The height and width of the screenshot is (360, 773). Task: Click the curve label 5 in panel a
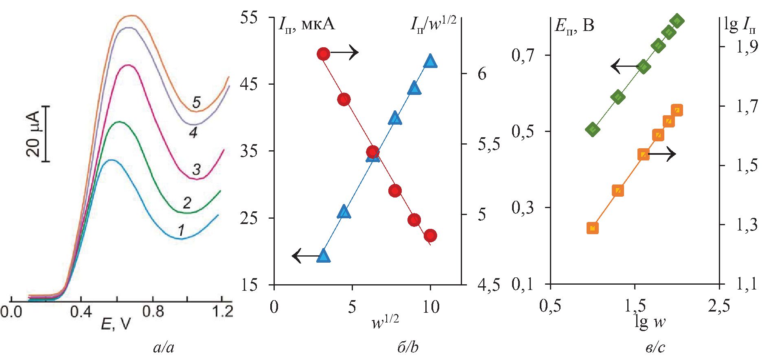point(196,102)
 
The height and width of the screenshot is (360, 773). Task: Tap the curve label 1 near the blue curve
point(181,230)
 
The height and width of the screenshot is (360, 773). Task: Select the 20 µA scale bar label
point(33,134)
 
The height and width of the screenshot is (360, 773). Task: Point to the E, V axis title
point(116,325)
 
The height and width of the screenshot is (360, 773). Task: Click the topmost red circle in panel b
point(323,54)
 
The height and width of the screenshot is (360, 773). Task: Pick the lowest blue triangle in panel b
point(324,255)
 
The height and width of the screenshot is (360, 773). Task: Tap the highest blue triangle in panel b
point(430,61)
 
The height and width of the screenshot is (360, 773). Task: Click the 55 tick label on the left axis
point(249,18)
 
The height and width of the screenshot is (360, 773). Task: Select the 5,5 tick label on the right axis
point(489,144)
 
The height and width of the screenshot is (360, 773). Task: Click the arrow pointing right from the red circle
point(344,52)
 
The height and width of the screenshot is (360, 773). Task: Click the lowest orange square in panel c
point(593,228)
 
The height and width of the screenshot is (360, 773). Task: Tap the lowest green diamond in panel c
point(593,130)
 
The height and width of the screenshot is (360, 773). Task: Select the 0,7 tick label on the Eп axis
point(523,55)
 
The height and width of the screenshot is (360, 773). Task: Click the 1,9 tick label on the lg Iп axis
point(747,47)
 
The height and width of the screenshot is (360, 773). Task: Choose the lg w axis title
point(650,322)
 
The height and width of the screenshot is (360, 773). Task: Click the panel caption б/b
point(407,347)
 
